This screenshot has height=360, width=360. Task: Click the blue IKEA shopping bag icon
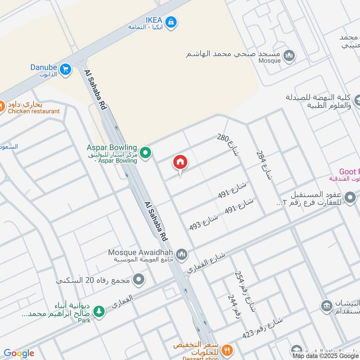tap(171, 21)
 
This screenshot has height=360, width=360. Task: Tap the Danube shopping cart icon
tap(66, 69)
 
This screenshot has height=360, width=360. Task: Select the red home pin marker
tap(180, 162)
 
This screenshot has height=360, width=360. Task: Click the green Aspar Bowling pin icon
tap(145, 153)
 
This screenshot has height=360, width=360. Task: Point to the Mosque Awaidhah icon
tap(182, 255)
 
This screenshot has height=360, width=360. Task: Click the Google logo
tap(19, 353)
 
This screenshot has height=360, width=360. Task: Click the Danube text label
tap(44, 67)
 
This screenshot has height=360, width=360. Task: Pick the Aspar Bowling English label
tap(112, 148)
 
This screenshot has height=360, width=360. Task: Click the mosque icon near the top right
tap(289, 55)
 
